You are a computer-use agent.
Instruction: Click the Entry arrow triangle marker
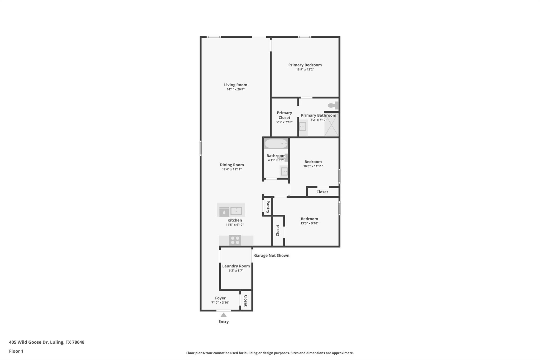point(223,315)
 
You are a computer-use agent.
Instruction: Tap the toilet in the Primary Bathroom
point(333,105)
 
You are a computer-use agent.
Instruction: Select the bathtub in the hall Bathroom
point(276,144)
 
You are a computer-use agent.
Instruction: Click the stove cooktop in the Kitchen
point(235,240)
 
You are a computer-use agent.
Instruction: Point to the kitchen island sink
point(236,211)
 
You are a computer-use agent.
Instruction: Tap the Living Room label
point(235,85)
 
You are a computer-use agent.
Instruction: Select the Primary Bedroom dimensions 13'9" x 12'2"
point(305,70)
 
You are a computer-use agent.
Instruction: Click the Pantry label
point(268,207)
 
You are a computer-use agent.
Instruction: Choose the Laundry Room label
point(236,266)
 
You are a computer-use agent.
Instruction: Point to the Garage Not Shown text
point(272,255)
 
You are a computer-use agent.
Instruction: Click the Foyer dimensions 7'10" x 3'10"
point(220,303)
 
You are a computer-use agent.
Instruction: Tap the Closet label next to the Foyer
point(245,301)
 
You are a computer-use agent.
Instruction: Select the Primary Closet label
point(284,115)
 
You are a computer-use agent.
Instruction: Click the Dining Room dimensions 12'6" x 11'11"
point(232,169)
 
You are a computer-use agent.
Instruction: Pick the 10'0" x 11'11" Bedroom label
point(313,162)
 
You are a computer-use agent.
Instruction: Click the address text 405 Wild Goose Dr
point(47,342)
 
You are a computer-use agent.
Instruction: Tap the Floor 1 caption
point(16,351)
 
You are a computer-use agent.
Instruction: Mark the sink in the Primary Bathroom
point(303,127)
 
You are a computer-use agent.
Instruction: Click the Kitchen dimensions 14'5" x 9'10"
point(234,225)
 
